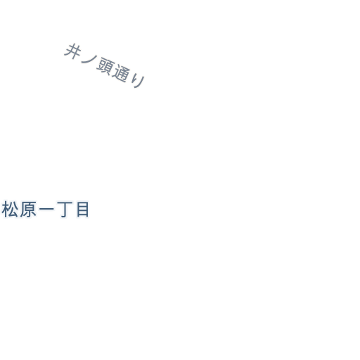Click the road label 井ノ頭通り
[105, 65]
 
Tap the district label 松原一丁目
[46, 210]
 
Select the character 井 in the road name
[72, 51]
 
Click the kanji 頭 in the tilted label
[105, 67]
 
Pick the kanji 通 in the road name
[121, 74]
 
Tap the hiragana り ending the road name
[138, 81]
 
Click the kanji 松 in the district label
[10, 210]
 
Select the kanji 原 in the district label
[28, 210]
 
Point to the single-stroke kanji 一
[46, 209]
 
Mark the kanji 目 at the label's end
[83, 210]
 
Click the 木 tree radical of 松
[6, 210]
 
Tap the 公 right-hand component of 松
[14, 210]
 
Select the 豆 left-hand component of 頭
[101, 66]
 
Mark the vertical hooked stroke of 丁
[65, 210]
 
